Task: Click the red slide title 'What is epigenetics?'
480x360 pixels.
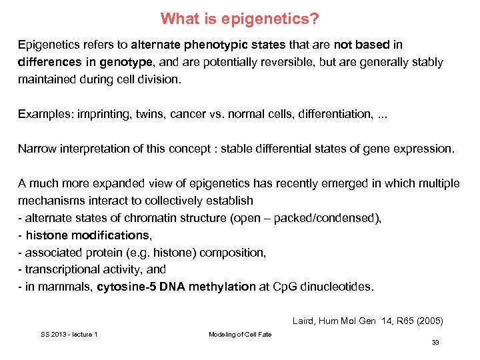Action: pyautogui.click(x=240, y=19)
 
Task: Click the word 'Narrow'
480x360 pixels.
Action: pyautogui.click(x=35, y=149)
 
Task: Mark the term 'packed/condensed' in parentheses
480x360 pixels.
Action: pyautogui.click(x=335, y=218)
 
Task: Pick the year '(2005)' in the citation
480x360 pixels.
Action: pyautogui.click(x=429, y=321)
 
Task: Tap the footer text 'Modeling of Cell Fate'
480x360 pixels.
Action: pyautogui.click(x=240, y=334)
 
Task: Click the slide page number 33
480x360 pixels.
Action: pyautogui.click(x=435, y=342)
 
